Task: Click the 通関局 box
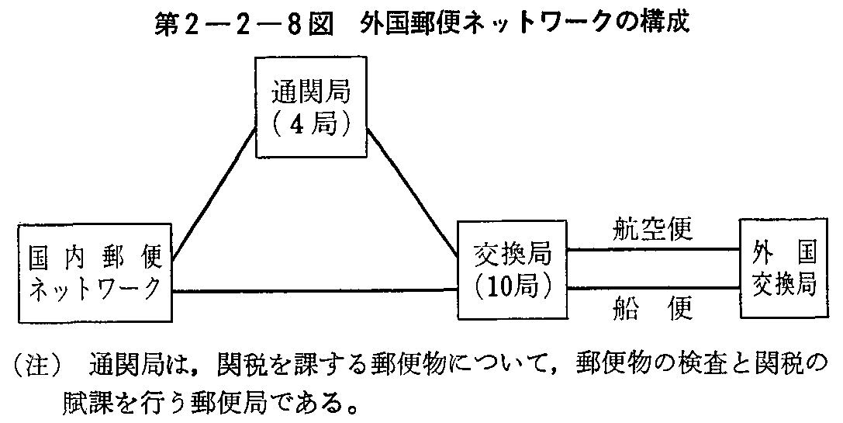click(x=311, y=109)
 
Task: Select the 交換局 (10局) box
click(x=513, y=270)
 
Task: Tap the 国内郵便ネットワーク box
click(x=95, y=273)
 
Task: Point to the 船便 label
click(x=653, y=310)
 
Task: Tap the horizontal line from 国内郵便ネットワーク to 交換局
click(x=314, y=292)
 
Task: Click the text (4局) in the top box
click(x=311, y=125)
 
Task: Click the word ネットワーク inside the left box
click(x=95, y=289)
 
